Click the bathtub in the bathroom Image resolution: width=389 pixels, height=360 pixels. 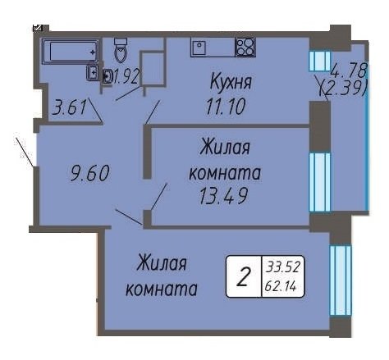coord(71,51)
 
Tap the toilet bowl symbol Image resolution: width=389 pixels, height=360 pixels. coord(121,50)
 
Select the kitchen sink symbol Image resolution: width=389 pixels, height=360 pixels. coord(199,48)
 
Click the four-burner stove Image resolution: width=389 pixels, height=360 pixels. coord(245,47)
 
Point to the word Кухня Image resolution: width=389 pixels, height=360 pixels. coord(231,82)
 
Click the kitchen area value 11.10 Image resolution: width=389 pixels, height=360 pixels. coord(226,107)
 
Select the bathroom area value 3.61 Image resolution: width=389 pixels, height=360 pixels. coord(70,107)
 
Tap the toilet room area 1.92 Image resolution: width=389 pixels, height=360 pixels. coord(126,76)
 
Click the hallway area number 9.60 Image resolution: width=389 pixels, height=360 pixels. coord(89,173)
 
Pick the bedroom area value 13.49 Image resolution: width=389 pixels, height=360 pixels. coord(223,196)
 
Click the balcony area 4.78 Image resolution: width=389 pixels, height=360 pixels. coord(348,71)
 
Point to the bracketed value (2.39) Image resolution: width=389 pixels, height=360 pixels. coord(343,88)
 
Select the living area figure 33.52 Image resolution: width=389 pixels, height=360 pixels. coord(283,267)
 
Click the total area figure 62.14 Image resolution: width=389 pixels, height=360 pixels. coord(281,286)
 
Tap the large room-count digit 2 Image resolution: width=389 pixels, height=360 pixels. coord(244,276)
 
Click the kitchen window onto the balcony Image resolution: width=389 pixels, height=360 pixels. coord(320,61)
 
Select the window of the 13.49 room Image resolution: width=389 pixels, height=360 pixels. coord(320,182)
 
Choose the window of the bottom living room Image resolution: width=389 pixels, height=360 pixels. coord(341,280)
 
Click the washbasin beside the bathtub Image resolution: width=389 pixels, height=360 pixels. coord(93,73)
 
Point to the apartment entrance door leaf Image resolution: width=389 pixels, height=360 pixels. coord(25,152)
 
